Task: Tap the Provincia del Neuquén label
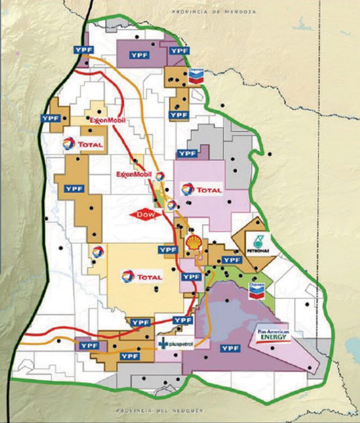pyautogui.click(x=160, y=411)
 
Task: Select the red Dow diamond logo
pyautogui.click(x=145, y=215)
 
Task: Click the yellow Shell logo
pyautogui.click(x=194, y=242)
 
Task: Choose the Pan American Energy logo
pyautogui.click(x=273, y=336)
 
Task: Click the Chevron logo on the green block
pyautogui.click(x=256, y=291)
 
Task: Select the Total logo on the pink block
pyautogui.click(x=202, y=190)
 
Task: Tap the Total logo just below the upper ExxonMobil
pyautogui.click(x=83, y=145)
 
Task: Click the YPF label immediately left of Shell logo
pyautogui.click(x=167, y=250)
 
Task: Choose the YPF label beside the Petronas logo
pyautogui.click(x=231, y=260)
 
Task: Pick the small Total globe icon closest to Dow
pyautogui.click(x=171, y=205)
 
